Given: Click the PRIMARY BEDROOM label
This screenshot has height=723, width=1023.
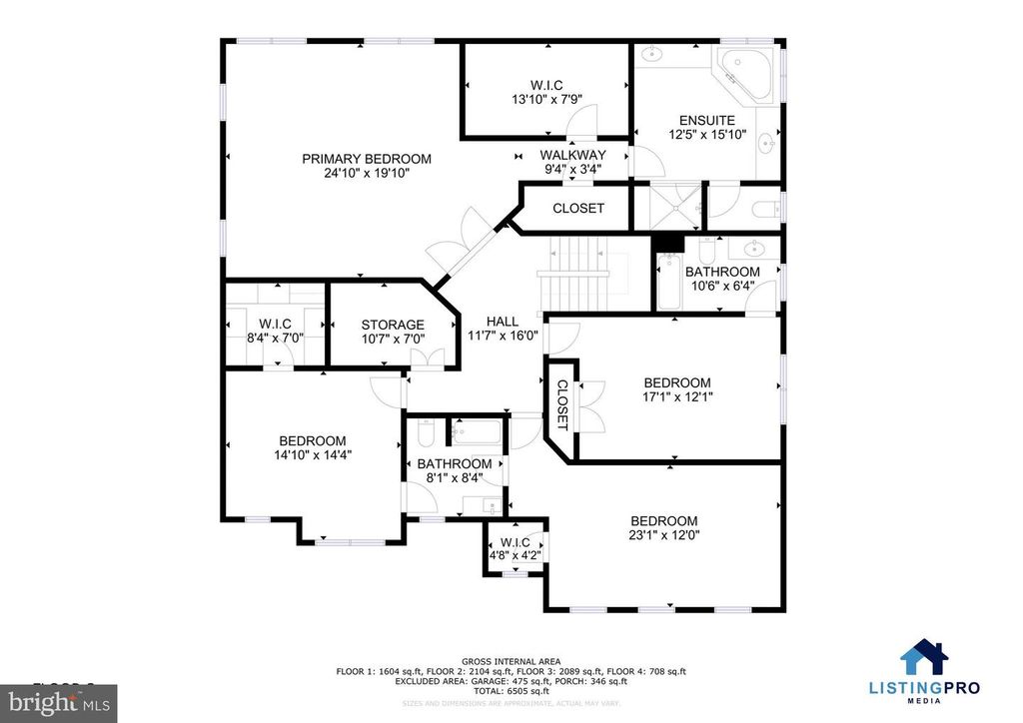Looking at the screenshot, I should click(367, 159).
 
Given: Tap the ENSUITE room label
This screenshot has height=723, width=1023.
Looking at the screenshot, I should click(707, 121).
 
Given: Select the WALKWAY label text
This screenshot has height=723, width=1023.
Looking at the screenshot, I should click(572, 155).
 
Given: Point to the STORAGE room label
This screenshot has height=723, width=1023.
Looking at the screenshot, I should click(393, 325).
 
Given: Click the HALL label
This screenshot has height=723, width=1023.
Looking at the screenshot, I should click(503, 322).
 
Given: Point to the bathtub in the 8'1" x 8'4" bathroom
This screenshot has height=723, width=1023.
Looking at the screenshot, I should click(476, 432).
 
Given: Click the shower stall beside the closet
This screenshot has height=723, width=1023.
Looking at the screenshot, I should click(668, 207).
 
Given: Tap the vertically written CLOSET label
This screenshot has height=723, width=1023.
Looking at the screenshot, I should click(561, 404).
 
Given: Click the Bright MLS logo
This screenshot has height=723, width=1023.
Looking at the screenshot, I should click(59, 703).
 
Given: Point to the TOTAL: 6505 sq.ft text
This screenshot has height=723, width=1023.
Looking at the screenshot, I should click(511, 690).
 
